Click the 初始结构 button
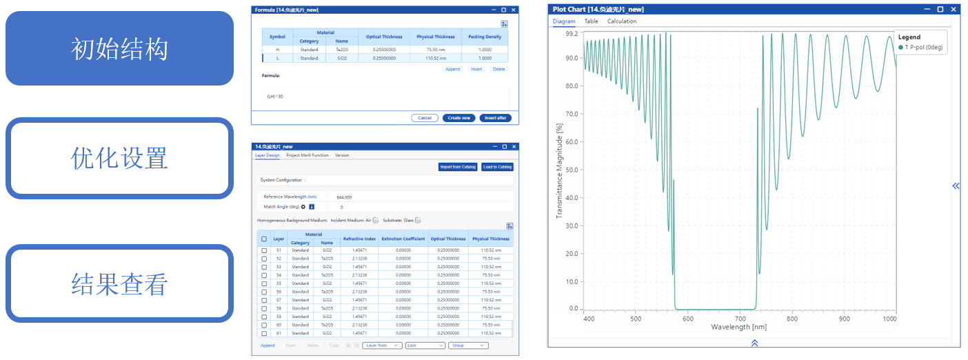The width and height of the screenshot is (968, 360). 119,48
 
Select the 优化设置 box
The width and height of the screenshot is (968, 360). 119,158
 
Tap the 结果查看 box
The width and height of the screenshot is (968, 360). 119,283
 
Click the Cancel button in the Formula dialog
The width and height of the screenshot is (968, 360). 425,118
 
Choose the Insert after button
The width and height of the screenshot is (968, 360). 495,118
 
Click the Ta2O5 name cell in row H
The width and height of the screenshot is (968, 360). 342,50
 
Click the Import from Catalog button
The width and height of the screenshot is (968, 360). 457,167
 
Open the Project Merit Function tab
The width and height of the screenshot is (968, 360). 307,155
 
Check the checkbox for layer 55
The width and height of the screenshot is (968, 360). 264,283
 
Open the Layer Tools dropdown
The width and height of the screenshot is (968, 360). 382,346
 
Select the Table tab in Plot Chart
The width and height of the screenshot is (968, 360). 592,21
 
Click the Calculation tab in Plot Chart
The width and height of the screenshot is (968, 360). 622,21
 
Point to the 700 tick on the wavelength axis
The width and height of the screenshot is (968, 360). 739,319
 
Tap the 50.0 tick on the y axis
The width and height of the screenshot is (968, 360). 571,170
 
